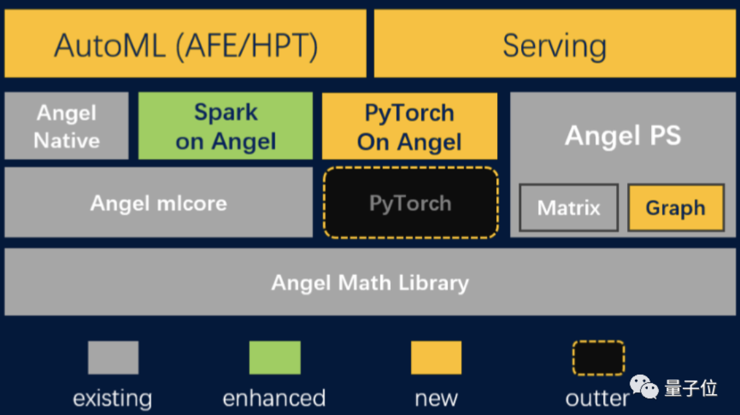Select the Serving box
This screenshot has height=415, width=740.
[x=555, y=44]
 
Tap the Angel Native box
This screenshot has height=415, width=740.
[x=66, y=126]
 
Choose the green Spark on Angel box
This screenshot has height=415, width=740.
[x=225, y=126]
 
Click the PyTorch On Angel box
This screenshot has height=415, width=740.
[x=410, y=126]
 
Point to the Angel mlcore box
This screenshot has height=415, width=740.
[x=158, y=203]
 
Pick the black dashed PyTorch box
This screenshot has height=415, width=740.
[x=410, y=203]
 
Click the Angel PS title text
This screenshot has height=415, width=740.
[x=623, y=136]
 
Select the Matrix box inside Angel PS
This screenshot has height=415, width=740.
[x=569, y=208]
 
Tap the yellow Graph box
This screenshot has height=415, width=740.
[x=675, y=208]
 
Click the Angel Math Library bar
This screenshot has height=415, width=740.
[x=370, y=283]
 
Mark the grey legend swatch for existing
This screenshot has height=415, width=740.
[x=113, y=358]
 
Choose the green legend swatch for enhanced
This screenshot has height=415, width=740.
[x=275, y=358]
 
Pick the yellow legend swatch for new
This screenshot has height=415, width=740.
[x=436, y=358]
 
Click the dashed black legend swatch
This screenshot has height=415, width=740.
[x=598, y=358]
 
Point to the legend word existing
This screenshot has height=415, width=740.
[x=112, y=397]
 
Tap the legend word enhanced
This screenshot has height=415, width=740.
[x=274, y=397]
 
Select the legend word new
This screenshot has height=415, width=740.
[x=436, y=397]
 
